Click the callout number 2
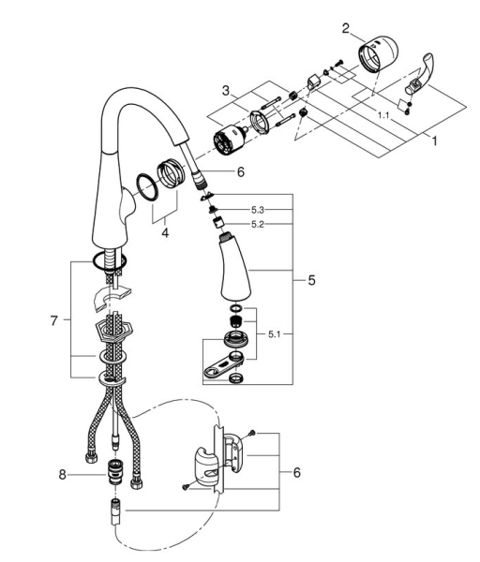click(346, 28)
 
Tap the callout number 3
click(225, 90)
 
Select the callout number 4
click(165, 233)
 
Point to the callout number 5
click(311, 280)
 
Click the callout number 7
click(53, 320)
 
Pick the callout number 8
click(63, 475)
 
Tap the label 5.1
click(274, 334)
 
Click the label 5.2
click(258, 225)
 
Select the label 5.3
click(258, 209)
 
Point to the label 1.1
click(383, 115)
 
